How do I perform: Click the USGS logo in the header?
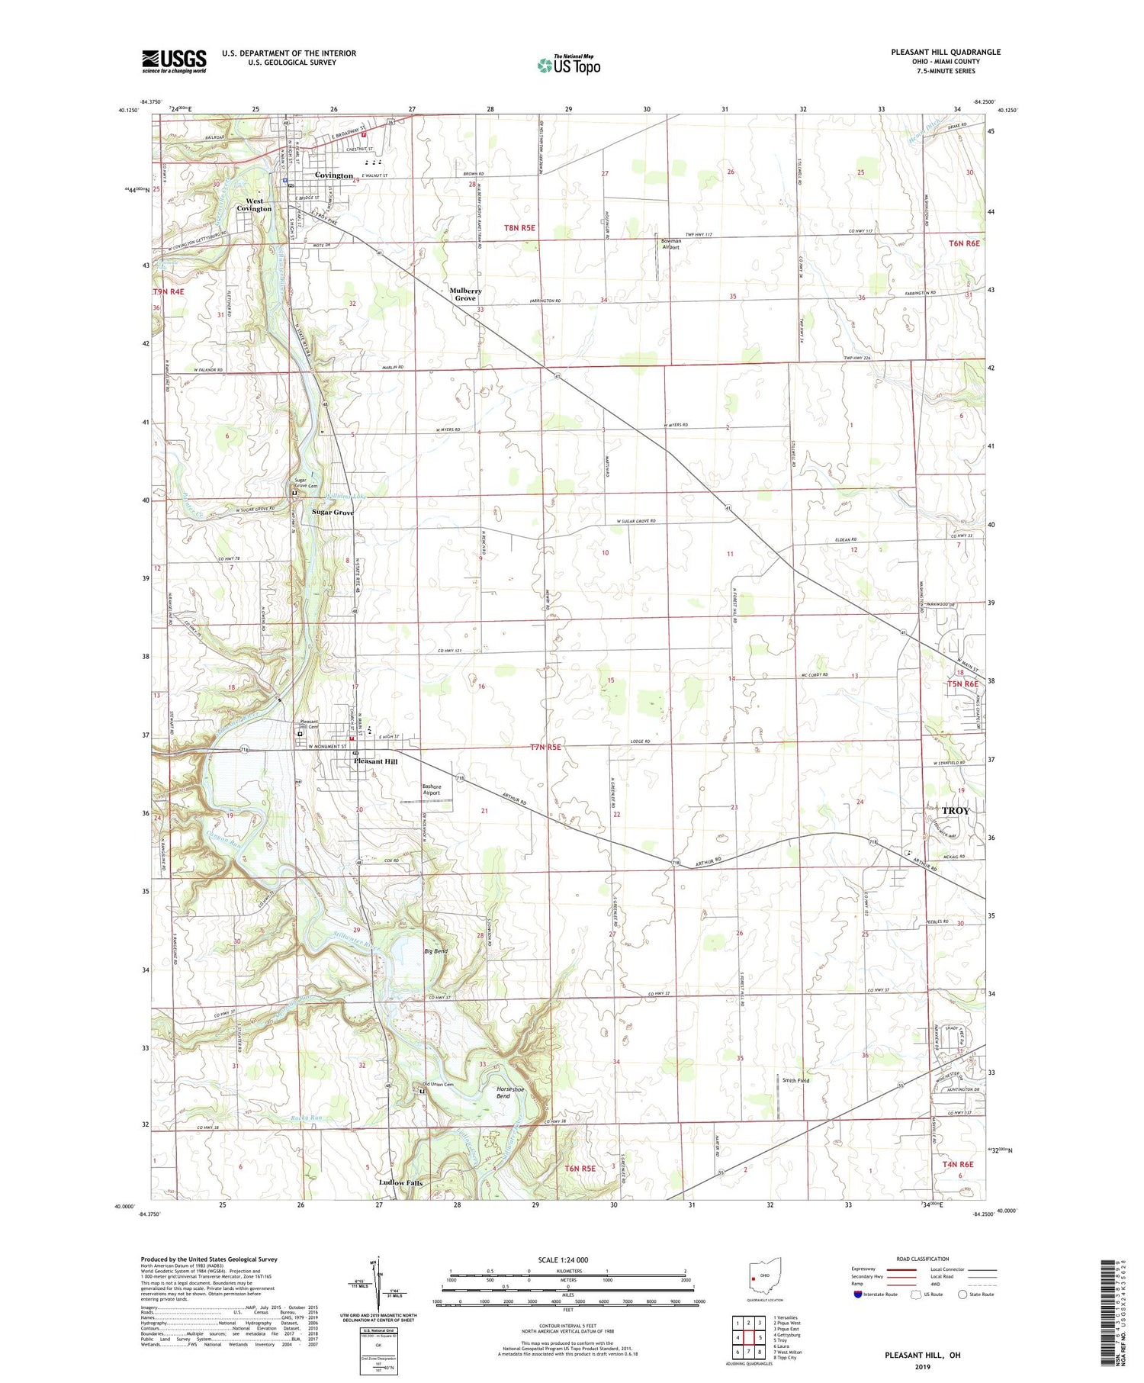click(x=174, y=61)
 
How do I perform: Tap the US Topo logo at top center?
click(x=568, y=66)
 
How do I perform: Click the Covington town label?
click(x=334, y=175)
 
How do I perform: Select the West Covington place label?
click(x=254, y=205)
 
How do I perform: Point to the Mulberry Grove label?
click(x=465, y=294)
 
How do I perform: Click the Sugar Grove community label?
click(x=333, y=513)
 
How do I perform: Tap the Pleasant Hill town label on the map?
click(x=375, y=761)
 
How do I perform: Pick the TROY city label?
click(x=955, y=810)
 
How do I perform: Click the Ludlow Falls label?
click(x=400, y=1183)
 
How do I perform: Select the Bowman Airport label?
click(x=671, y=244)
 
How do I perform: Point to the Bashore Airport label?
click(x=432, y=789)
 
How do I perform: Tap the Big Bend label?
click(x=435, y=951)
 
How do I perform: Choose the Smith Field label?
click(x=795, y=1080)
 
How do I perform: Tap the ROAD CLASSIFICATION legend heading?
click(x=923, y=1259)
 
